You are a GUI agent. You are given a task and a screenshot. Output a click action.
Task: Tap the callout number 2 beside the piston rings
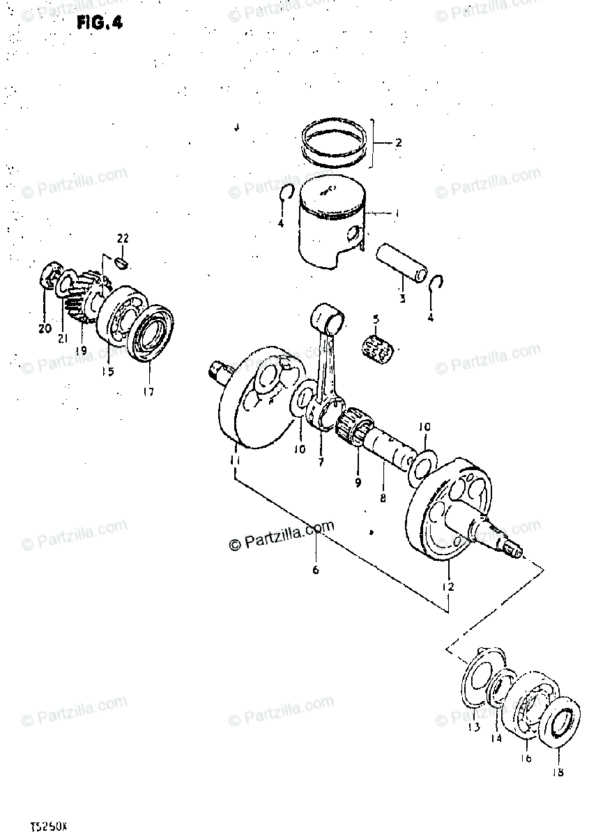pos(398,144)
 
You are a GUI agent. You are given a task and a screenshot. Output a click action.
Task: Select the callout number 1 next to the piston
pos(396,213)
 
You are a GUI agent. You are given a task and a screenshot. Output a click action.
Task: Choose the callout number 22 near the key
pos(123,239)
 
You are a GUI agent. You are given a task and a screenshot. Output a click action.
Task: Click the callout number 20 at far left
pos(45,329)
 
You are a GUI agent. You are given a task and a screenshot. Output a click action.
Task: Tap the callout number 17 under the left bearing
pos(148,391)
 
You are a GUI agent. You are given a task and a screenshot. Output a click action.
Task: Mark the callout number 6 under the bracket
pos(315,570)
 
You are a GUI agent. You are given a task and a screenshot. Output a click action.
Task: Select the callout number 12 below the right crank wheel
pos(447,587)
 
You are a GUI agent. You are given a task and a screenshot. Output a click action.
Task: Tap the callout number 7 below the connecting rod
pos(321,462)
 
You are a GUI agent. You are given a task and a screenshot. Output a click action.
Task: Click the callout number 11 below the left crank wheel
pos(236,461)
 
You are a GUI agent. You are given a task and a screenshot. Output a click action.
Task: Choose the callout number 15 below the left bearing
pos(107,372)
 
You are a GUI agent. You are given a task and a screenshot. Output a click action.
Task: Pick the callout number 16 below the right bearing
pos(526,758)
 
